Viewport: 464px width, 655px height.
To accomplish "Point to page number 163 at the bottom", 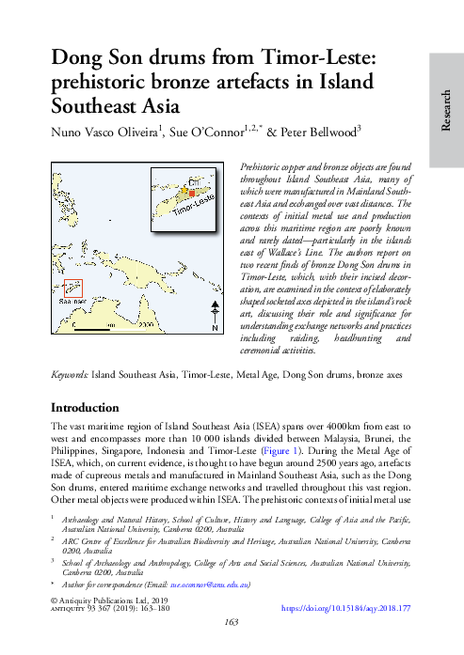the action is pyautogui.click(x=232, y=622).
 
